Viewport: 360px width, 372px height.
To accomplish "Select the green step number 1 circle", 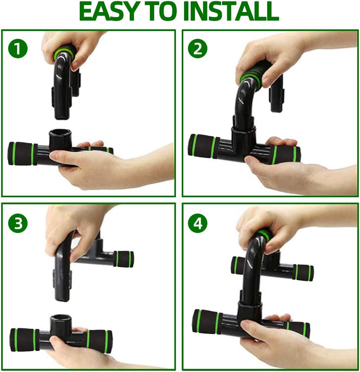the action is coord(18,49).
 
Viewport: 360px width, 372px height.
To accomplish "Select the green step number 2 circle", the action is coord(198,49).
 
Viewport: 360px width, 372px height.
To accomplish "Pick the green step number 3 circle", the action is coord(18,224).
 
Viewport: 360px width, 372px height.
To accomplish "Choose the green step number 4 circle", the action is coord(198,224).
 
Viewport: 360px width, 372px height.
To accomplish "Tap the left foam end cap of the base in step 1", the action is coord(23,154).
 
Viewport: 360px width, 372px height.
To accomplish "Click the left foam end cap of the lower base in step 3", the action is coord(24,340).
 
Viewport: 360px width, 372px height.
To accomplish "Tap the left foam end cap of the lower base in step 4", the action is coord(207,321).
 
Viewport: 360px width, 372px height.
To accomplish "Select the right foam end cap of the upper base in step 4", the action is coord(304,272).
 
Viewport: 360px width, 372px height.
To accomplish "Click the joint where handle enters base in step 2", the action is coord(244,133).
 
